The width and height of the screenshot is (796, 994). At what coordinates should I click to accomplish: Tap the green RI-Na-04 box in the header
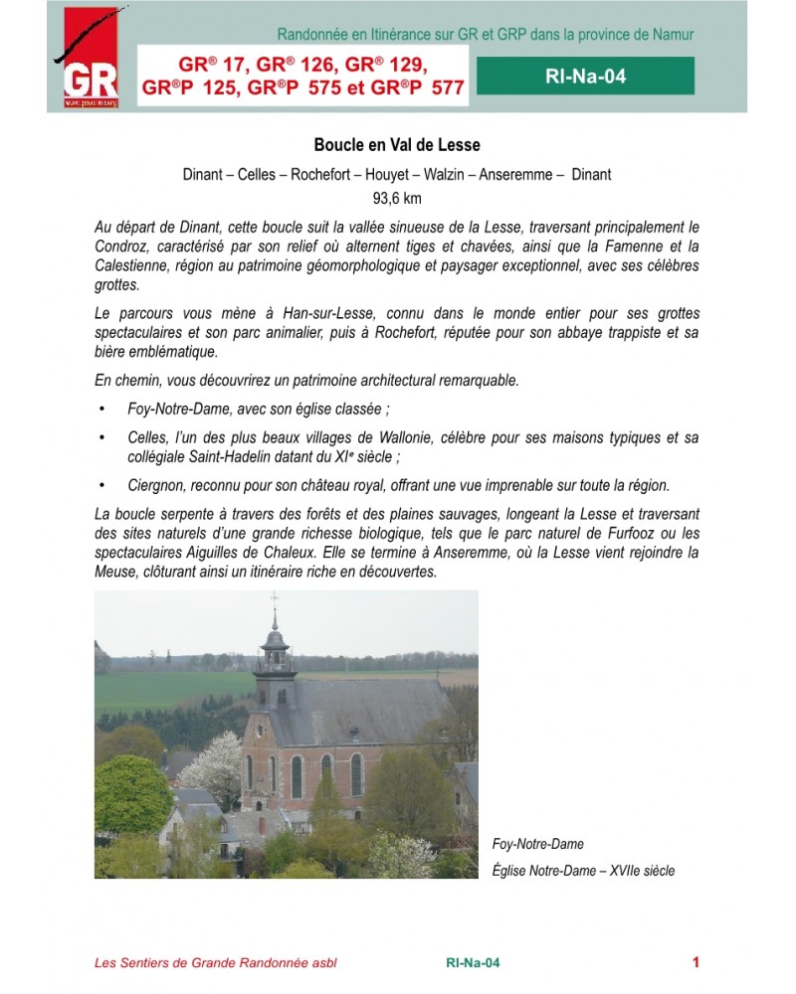pos(585,76)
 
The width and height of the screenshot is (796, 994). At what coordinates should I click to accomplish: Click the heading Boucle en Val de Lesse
pos(397,145)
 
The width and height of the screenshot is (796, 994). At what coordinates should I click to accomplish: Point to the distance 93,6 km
pos(397,197)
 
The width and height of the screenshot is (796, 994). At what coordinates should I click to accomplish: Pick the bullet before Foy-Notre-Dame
pos(101,410)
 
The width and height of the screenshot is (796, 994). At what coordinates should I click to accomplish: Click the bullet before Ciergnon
pos(101,486)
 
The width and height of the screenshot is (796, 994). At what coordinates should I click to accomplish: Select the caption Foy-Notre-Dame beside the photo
pos(537,844)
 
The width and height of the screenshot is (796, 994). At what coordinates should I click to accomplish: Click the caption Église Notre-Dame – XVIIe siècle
pos(583,871)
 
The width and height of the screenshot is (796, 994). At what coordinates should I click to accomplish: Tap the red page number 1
pos(696,961)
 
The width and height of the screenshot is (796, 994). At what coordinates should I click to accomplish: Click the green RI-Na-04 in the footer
pos(473,962)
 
